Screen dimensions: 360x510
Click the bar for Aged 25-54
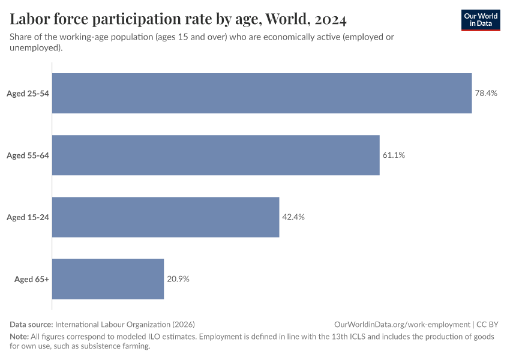click(262, 93)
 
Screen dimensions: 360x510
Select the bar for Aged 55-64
click(216, 155)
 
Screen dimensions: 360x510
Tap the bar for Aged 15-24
click(166, 217)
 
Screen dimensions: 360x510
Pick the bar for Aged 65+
click(108, 279)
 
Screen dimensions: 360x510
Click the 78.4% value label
click(486, 94)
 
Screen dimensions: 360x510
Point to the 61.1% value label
click(394, 155)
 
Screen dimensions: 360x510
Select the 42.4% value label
click(293, 217)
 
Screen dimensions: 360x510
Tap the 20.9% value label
click(178, 279)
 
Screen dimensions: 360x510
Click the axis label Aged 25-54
click(28, 94)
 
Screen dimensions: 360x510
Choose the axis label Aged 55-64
click(28, 155)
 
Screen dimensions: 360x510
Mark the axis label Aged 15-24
click(28, 217)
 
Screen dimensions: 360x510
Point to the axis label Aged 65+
click(32, 279)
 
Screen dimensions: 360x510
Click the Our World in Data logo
click(480, 20)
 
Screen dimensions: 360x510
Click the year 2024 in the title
click(329, 20)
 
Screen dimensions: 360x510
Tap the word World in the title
click(284, 20)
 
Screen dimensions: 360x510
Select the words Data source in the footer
click(31, 324)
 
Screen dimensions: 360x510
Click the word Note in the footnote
click(19, 337)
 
